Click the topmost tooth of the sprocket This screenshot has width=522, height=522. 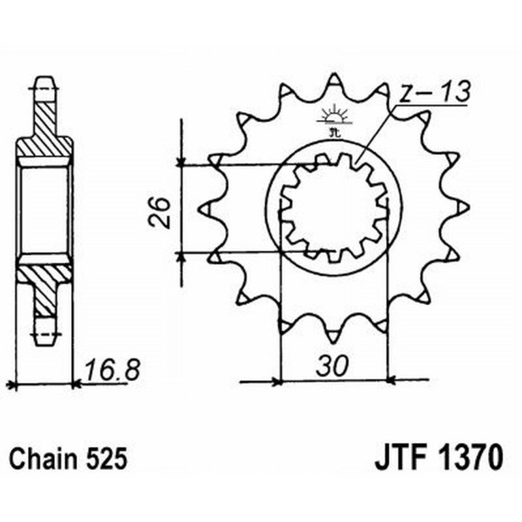click(x=333, y=82)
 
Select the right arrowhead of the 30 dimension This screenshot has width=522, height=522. click(x=392, y=379)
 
